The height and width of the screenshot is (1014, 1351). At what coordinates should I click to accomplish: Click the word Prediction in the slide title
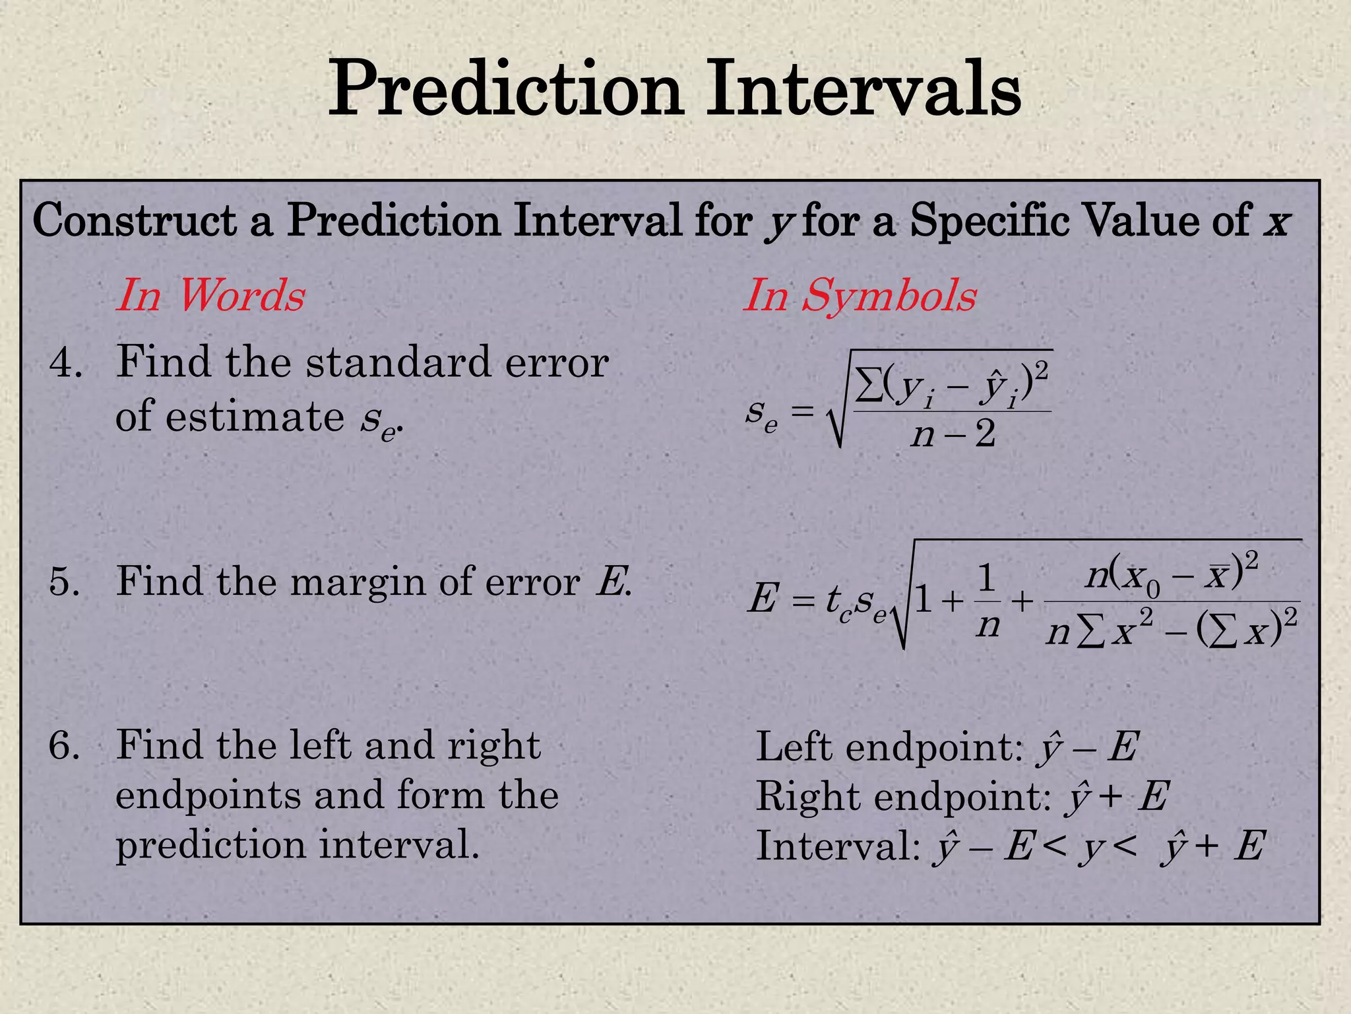point(505,89)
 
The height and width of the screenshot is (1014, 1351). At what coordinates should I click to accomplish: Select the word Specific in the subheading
point(990,220)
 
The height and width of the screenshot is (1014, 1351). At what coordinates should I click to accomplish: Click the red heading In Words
point(210,295)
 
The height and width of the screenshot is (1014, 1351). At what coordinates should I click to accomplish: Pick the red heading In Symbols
point(860,295)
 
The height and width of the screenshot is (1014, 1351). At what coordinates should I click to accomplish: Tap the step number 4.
point(65,362)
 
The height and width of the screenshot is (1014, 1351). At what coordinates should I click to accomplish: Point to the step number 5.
point(65,582)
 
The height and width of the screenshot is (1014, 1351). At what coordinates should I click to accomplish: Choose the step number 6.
point(65,746)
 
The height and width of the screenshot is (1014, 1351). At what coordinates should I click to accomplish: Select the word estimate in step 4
point(255,417)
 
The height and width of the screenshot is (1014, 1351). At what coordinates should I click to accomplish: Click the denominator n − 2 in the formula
point(953,435)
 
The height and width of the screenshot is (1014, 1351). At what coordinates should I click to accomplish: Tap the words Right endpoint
point(902,797)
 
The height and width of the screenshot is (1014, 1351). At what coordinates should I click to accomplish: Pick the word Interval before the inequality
point(836,846)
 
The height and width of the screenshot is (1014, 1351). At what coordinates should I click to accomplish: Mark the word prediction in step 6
point(212,845)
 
